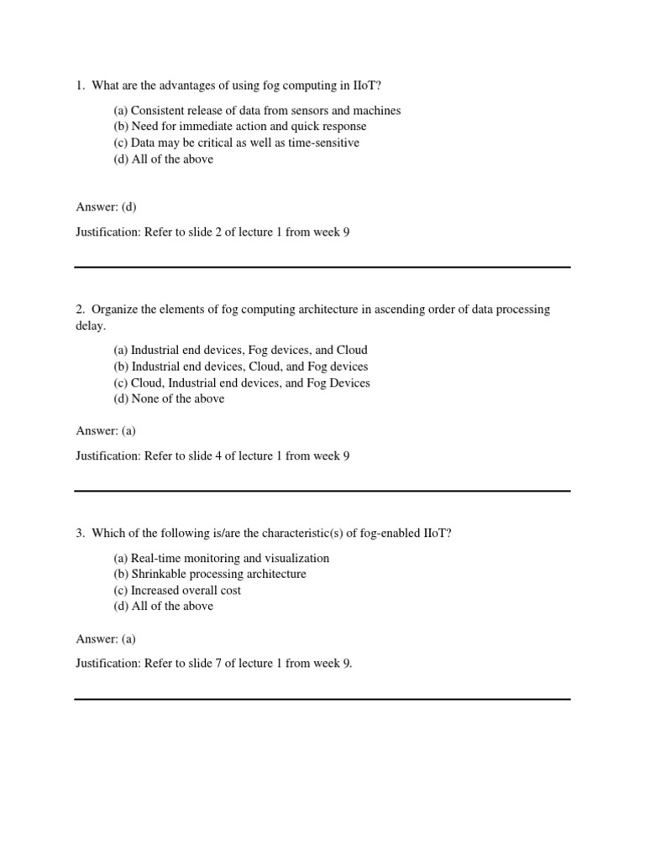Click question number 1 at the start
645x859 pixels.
[80, 86]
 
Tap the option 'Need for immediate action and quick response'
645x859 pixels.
[240, 127]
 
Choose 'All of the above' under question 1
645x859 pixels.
[164, 159]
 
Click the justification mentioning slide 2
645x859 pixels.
[212, 232]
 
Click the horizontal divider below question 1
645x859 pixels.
[322, 268]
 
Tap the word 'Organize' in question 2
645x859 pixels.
[114, 310]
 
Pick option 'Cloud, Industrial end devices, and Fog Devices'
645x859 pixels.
[242, 383]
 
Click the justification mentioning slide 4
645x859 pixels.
[212, 456]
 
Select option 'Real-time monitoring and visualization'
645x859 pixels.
[222, 559]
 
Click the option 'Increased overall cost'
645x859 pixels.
[177, 591]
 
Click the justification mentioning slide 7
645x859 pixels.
[214, 664]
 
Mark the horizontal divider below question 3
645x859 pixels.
[322, 699]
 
